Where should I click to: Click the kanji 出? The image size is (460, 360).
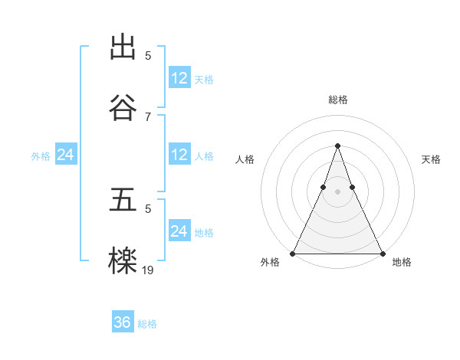point(123,47)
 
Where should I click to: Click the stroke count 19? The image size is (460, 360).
point(148,269)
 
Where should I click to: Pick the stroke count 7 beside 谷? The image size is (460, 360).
point(148,116)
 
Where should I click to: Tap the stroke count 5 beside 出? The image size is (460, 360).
point(148,55)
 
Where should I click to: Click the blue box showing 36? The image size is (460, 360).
point(123,322)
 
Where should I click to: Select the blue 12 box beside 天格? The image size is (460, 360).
point(179,78)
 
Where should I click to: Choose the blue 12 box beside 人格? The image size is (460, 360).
point(179,155)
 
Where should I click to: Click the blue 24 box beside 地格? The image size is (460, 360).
point(179,231)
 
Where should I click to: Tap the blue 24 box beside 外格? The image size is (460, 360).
point(66,155)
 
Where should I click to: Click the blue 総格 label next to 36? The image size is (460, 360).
point(147,324)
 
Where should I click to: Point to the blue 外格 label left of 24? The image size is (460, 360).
point(41,156)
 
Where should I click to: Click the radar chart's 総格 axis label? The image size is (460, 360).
point(337,100)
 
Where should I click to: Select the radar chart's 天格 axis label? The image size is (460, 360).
point(431,159)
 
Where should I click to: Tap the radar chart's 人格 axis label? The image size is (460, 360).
point(245,159)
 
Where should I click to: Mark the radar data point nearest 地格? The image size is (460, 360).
point(382,253)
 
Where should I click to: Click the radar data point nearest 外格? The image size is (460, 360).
point(293,253)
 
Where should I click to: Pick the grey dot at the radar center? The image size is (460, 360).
point(337,191)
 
